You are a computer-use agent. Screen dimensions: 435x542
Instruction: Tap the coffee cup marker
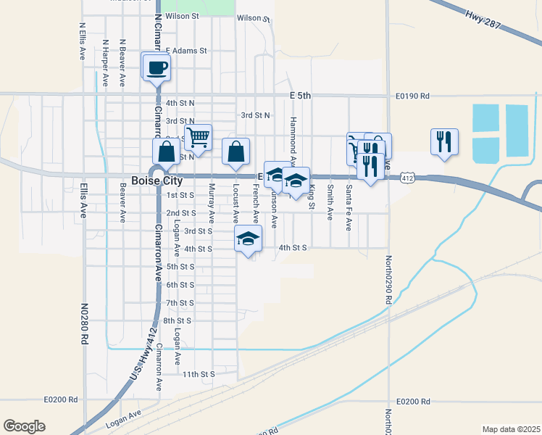[157, 69]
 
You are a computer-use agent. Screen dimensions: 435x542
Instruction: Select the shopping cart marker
[198, 136]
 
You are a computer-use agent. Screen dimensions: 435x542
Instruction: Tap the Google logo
[24, 426]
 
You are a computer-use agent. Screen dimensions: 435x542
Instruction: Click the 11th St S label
[199, 374]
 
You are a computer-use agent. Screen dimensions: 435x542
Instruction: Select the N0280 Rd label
[85, 323]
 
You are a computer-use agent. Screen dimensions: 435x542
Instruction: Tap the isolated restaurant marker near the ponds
[444, 141]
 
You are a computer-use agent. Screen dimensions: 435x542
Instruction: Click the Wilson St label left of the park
[182, 15]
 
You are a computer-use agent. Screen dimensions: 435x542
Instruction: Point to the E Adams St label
[186, 51]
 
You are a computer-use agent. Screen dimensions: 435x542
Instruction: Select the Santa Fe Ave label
[349, 207]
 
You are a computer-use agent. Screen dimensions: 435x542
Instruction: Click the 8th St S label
[177, 320]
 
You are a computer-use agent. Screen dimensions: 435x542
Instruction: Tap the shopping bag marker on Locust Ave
[235, 152]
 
